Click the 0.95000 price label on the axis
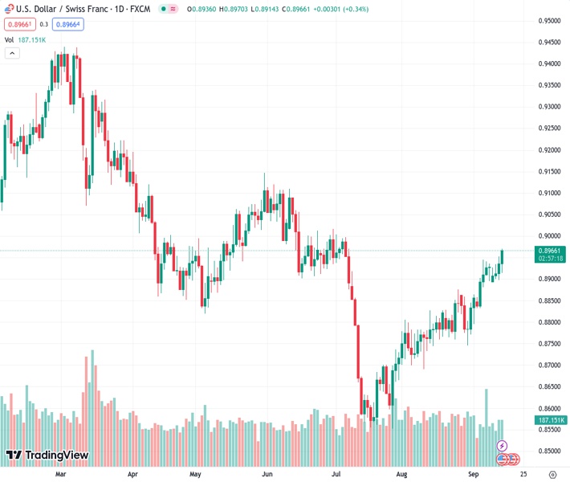click(x=550, y=21)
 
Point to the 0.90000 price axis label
click(x=550, y=236)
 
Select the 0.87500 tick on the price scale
click(x=550, y=344)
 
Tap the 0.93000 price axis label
click(x=550, y=107)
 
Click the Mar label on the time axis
click(x=60, y=474)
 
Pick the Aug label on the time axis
click(x=401, y=474)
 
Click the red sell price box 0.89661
click(x=19, y=24)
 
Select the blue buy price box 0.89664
click(x=67, y=24)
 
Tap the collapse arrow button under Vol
click(x=12, y=53)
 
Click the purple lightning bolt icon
click(x=503, y=445)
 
